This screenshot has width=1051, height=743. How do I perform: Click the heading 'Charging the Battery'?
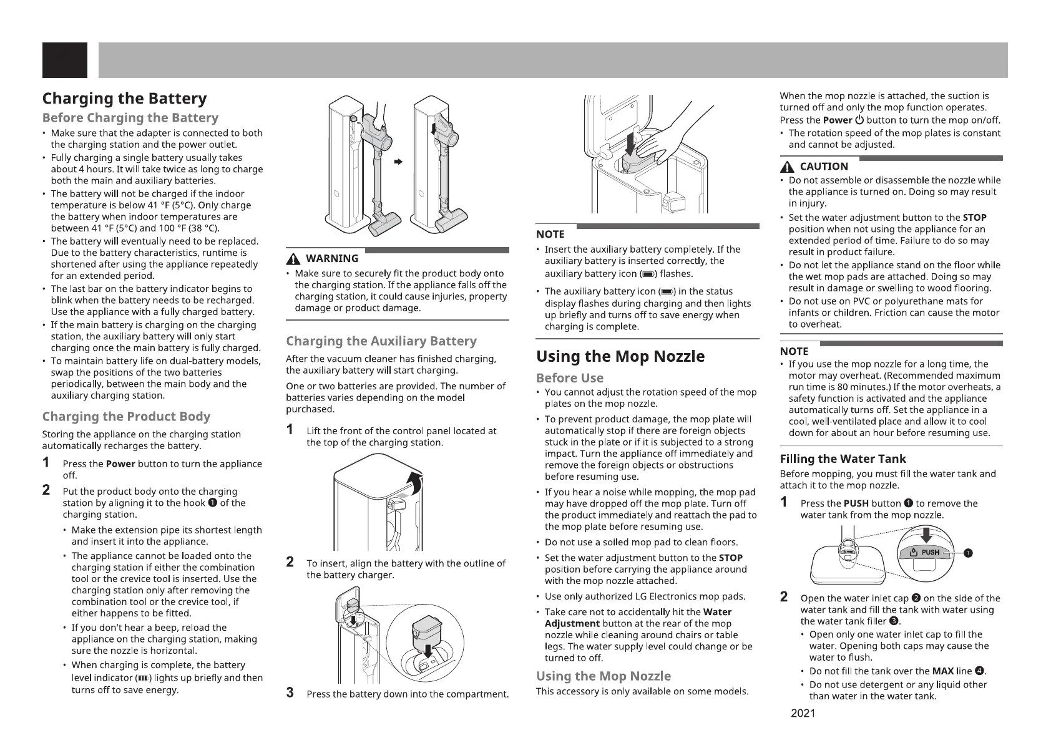pyautogui.click(x=124, y=99)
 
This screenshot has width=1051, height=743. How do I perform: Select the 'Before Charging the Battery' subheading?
pyautogui.click(x=130, y=118)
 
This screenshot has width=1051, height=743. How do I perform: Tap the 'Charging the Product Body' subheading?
pyautogui.click(x=126, y=416)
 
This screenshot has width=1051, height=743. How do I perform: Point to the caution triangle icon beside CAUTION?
pyautogui.click(x=787, y=167)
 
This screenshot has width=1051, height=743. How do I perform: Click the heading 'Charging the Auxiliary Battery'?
pyautogui.click(x=381, y=341)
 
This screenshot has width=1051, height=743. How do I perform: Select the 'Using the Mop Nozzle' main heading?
pyautogui.click(x=620, y=356)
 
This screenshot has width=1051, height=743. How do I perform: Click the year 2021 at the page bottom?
pyautogui.click(x=803, y=714)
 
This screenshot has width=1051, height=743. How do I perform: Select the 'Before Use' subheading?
pyautogui.click(x=570, y=378)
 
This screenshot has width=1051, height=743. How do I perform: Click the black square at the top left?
pyautogui.click(x=65, y=60)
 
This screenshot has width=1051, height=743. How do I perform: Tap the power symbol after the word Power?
pyautogui.click(x=863, y=120)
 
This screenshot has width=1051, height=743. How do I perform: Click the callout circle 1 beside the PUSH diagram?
pyautogui.click(x=967, y=553)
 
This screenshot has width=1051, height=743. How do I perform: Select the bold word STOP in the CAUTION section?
pyautogui.click(x=974, y=218)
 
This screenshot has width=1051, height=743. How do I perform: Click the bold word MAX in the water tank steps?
pyautogui.click(x=942, y=671)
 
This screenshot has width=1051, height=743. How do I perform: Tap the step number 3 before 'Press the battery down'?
pyautogui.click(x=290, y=692)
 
